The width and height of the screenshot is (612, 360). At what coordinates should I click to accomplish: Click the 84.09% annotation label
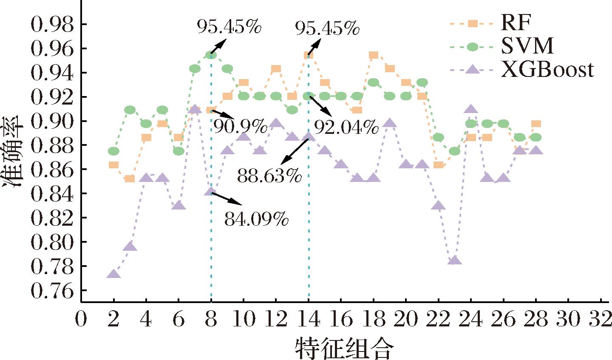(256, 220)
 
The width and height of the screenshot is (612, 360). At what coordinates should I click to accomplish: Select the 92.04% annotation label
(346, 126)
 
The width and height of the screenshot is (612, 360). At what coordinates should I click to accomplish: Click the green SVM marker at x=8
(211, 55)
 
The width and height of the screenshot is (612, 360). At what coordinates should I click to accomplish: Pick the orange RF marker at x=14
(309, 55)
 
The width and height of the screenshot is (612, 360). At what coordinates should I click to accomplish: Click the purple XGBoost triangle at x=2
(113, 274)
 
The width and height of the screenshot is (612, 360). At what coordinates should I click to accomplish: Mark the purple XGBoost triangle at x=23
(455, 260)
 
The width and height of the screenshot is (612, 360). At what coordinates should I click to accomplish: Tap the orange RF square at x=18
(374, 55)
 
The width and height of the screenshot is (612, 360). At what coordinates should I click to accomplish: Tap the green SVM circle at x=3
(130, 110)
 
